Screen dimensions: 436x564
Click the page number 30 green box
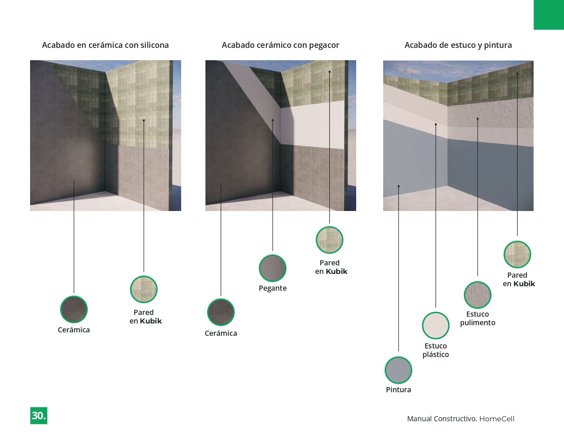pos(39,415)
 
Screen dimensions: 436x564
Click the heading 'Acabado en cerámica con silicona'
pos(105,45)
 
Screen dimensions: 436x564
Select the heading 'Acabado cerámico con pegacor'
pos(280,45)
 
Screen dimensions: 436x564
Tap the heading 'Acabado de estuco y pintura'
pos(458,45)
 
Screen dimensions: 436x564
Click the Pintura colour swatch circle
pos(398,370)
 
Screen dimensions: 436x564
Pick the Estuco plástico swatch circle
pos(435,325)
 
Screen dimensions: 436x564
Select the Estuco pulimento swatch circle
pos(478,295)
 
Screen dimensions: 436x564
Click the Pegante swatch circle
pos(272,268)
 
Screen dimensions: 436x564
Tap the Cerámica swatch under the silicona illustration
pos(74,309)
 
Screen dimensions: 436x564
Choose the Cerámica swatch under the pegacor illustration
pos(221,312)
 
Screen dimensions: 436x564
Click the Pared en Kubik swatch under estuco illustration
pos(517,254)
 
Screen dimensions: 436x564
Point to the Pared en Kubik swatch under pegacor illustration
pos(330,240)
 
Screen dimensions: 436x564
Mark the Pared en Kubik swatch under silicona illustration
pos(144,289)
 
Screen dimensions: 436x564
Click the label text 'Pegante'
pos(272,288)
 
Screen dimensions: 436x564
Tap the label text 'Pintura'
pos(398,389)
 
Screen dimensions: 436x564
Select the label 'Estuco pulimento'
pos(478,318)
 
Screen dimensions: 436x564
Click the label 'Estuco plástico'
pos(435,350)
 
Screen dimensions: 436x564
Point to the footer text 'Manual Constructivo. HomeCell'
pos(460,419)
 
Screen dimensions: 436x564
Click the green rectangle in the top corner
pos(549,15)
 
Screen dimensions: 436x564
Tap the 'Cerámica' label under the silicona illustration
pos(74,330)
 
